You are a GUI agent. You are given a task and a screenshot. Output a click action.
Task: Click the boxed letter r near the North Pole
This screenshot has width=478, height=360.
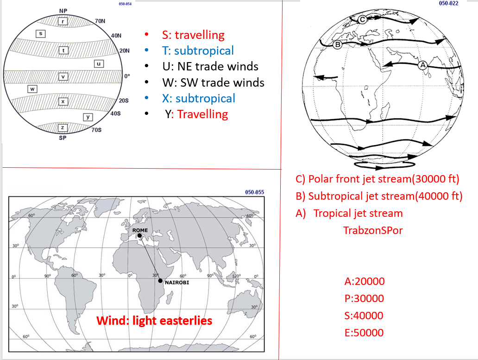tap(63, 21)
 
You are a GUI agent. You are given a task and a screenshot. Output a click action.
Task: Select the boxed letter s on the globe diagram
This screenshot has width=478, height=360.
tap(41, 33)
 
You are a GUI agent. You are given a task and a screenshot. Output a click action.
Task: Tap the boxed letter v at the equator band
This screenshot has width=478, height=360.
tap(63, 76)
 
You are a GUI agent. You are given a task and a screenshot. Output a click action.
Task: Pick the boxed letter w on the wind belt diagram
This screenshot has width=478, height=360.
tap(32, 89)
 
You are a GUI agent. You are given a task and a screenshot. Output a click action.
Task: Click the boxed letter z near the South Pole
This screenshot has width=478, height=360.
tap(63, 128)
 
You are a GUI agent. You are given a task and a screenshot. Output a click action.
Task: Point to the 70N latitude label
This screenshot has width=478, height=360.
tap(100, 21)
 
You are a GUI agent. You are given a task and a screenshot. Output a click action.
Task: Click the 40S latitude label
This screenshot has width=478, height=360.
tap(115, 114)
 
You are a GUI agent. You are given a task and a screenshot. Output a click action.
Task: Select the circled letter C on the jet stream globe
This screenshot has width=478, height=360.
tap(362, 19)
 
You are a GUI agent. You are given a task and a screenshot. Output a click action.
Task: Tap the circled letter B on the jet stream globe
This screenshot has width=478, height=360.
tap(338, 44)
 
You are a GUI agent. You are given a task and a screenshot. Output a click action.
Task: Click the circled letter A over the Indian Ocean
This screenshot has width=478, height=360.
tap(422, 65)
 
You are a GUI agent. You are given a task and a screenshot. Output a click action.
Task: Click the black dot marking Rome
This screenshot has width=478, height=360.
tap(139, 235)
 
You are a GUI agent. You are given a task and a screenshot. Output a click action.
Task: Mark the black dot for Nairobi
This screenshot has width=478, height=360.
tap(160, 281)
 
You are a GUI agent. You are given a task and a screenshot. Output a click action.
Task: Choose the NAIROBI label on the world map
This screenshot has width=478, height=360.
tap(177, 283)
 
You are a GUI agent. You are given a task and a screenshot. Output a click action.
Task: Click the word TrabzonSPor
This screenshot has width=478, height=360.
tap(373, 230)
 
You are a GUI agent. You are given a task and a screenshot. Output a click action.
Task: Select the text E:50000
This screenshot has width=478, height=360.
tap(364, 333)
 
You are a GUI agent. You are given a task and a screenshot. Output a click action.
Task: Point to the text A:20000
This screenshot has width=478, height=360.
tap(365, 281)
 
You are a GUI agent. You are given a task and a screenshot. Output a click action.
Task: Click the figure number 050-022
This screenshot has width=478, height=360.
tap(448, 3)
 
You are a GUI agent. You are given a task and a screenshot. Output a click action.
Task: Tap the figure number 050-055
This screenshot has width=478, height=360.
tap(255, 192)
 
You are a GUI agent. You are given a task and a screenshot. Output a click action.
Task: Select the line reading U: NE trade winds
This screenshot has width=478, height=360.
tap(210, 66)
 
